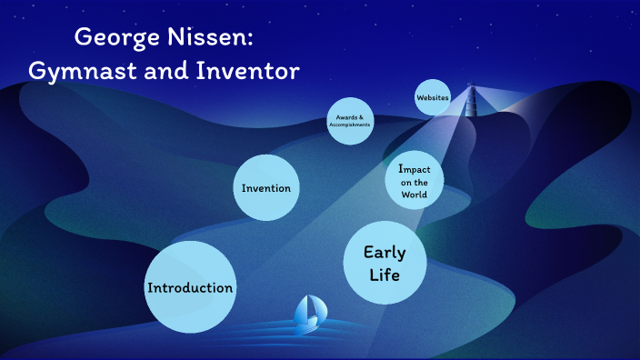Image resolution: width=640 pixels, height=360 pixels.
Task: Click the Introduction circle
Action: [x=190, y=287]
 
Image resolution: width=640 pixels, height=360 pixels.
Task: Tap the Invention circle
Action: [x=266, y=188]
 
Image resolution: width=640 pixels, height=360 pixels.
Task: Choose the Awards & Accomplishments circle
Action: [x=350, y=121]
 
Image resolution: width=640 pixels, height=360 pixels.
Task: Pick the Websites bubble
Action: [x=433, y=97]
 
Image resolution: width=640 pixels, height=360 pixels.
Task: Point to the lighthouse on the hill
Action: [x=471, y=102]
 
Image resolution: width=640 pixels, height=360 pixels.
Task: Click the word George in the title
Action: [x=116, y=37]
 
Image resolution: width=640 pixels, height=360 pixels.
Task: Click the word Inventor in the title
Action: [x=247, y=70]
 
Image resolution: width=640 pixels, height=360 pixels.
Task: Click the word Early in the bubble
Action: [x=384, y=252]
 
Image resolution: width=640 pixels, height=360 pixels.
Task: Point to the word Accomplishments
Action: [x=350, y=125]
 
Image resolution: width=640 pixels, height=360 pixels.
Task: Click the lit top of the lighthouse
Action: [x=471, y=88]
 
